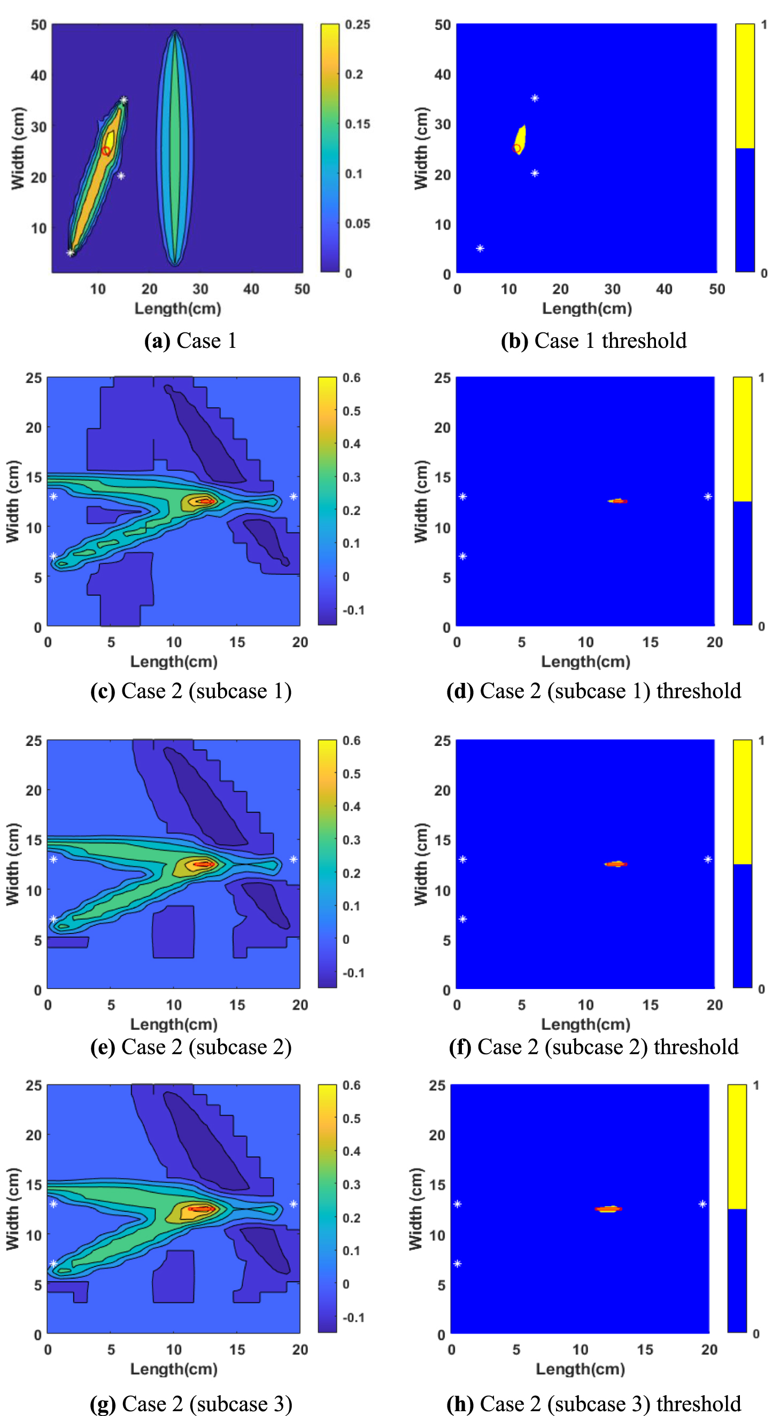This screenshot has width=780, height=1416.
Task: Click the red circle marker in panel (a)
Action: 106,151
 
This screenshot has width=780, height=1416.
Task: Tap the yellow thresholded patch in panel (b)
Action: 520,139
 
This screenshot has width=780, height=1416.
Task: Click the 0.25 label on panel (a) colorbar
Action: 357,25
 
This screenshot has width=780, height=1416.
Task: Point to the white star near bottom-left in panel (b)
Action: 480,248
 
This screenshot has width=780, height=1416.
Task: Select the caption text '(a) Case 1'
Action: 190,341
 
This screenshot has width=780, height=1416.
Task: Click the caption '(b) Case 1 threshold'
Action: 593,341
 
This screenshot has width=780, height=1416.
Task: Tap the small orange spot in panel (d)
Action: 618,501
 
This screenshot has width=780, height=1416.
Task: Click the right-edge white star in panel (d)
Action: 707,496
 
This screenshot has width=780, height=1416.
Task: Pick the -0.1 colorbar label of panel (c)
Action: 353,610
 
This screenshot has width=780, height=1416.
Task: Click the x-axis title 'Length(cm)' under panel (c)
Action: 174,662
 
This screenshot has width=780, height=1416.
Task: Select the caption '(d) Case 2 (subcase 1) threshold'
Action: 593,691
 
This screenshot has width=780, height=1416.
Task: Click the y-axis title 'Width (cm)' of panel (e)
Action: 13,863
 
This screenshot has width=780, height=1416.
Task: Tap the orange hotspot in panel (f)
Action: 616,864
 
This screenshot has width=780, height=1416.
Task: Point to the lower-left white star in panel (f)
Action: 462,919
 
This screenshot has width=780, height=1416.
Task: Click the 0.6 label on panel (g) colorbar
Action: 351,1085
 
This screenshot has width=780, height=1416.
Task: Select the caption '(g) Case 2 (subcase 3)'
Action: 190,1403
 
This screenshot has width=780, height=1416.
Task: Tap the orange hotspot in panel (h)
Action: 608,1209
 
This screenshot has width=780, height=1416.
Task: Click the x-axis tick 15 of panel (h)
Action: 645,1350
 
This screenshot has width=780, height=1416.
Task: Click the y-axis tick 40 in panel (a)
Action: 38,75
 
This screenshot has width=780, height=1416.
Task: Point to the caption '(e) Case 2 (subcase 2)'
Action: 190,1047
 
